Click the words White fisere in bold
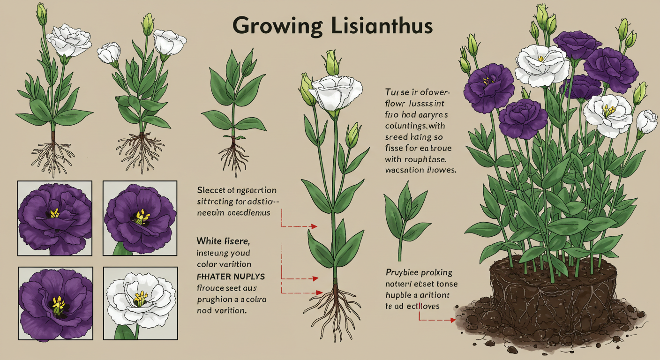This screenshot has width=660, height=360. coord(223,242)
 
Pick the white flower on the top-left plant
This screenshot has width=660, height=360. coord(70,40)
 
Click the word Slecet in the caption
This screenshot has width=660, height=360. coord(210,191)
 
